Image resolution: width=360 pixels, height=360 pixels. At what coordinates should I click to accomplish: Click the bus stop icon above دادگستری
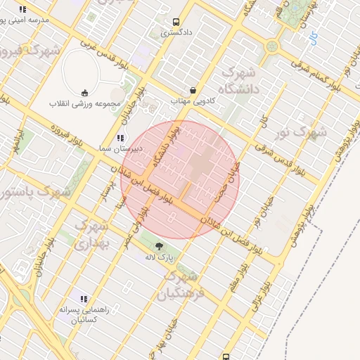[x=174, y=22]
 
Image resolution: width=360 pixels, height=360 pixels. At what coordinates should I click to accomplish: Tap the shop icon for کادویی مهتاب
[x=193, y=91]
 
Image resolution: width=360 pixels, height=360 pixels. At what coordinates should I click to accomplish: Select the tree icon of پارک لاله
[x=159, y=246]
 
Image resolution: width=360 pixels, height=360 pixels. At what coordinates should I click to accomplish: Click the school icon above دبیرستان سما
[x=120, y=138]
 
